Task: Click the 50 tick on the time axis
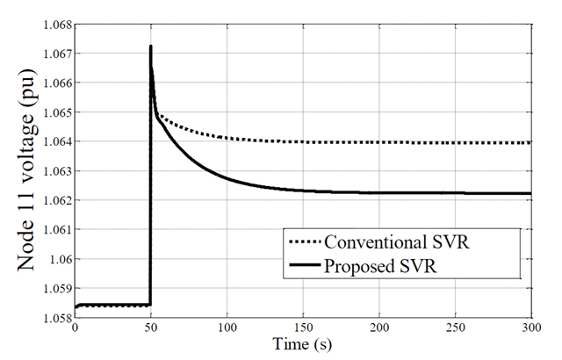[x=151, y=328]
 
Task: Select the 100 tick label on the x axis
[x=227, y=328]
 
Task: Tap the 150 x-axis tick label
[x=302, y=328]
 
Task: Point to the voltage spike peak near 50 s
[x=151, y=47]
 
